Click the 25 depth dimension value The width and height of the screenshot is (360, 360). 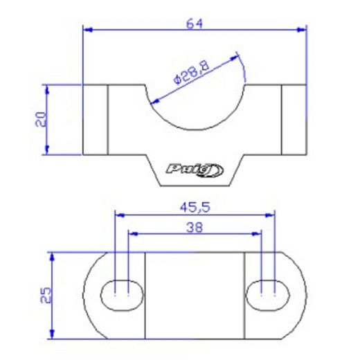[45, 296]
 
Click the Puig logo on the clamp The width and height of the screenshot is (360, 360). [195, 168]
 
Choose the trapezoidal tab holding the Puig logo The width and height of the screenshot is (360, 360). [195, 170]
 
